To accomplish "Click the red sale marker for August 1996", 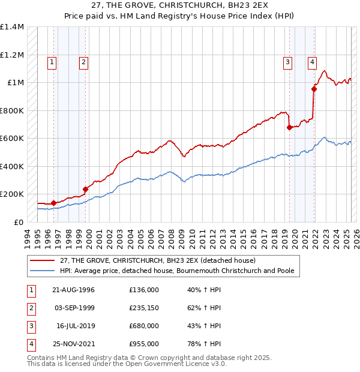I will pyautogui.click(x=53, y=203).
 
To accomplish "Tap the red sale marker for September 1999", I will pyautogui.click(x=85, y=189).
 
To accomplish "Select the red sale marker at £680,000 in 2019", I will pyautogui.click(x=289, y=127).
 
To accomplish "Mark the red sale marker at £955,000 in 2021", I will pyautogui.click(x=314, y=89).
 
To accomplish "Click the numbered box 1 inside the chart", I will pyautogui.click(x=52, y=61).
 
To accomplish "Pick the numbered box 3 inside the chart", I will pyautogui.click(x=288, y=61).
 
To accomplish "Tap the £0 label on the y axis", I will pyautogui.click(x=18, y=222).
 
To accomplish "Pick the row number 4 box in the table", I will pyautogui.click(x=29, y=344).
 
